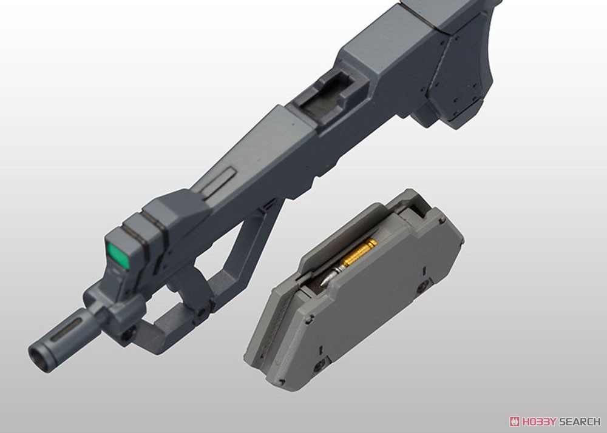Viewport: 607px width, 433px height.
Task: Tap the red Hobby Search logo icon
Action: point(515,421)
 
